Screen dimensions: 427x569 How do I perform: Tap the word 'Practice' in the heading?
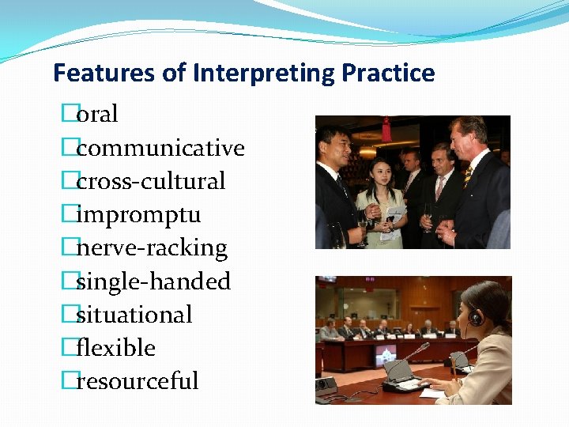coord(388,74)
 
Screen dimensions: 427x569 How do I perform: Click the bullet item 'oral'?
coord(97,115)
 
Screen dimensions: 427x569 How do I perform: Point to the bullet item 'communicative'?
coord(160,148)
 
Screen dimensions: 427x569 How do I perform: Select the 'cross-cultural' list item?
coord(151,181)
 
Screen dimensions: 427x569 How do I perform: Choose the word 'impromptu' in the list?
coord(138,214)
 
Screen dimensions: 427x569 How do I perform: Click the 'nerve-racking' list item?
coord(152,248)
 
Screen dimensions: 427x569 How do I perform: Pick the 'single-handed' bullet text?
coord(153,282)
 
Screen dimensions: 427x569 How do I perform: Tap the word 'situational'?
coord(134,315)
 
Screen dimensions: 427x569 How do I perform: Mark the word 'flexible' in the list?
coord(116,348)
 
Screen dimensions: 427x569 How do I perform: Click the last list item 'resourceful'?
coord(138,381)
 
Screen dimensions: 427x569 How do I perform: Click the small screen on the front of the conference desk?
coord(385,354)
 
